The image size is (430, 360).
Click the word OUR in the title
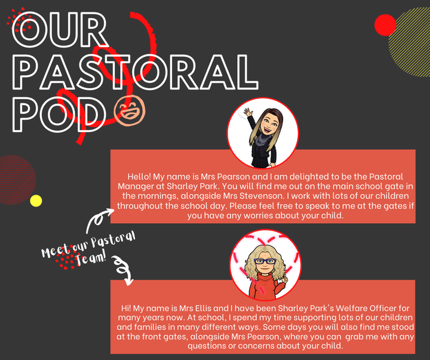click(x=60, y=30)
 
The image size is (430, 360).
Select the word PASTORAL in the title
click(x=135, y=72)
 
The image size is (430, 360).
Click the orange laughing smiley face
click(x=130, y=110)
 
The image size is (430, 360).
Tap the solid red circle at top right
click(x=385, y=25)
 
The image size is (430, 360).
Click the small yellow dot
click(x=36, y=201)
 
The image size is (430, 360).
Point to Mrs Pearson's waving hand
click(x=248, y=113)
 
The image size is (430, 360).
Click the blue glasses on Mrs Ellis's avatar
click(x=265, y=261)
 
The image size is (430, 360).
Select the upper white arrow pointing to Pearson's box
click(x=98, y=220)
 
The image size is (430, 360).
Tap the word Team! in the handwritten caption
click(x=91, y=259)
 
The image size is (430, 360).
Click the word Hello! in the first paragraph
click(x=139, y=177)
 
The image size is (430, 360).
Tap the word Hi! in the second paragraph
click(x=127, y=308)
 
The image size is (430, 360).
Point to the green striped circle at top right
click(x=409, y=42)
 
